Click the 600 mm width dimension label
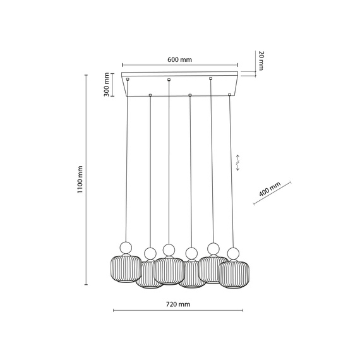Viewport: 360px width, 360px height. [x=180, y=59]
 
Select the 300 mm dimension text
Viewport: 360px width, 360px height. [x=107, y=85]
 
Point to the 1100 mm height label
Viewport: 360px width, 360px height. [x=80, y=180]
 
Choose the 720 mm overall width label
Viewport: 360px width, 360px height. [x=178, y=304]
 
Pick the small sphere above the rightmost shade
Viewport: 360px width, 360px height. [x=234, y=254]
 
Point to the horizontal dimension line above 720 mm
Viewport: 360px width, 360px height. [x=179, y=311]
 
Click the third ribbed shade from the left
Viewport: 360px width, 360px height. [x=169, y=270]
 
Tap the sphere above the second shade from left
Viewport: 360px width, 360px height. [x=150, y=253]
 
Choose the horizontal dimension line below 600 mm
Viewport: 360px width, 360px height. [x=179, y=65]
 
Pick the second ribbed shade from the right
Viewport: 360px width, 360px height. [x=212, y=268]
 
